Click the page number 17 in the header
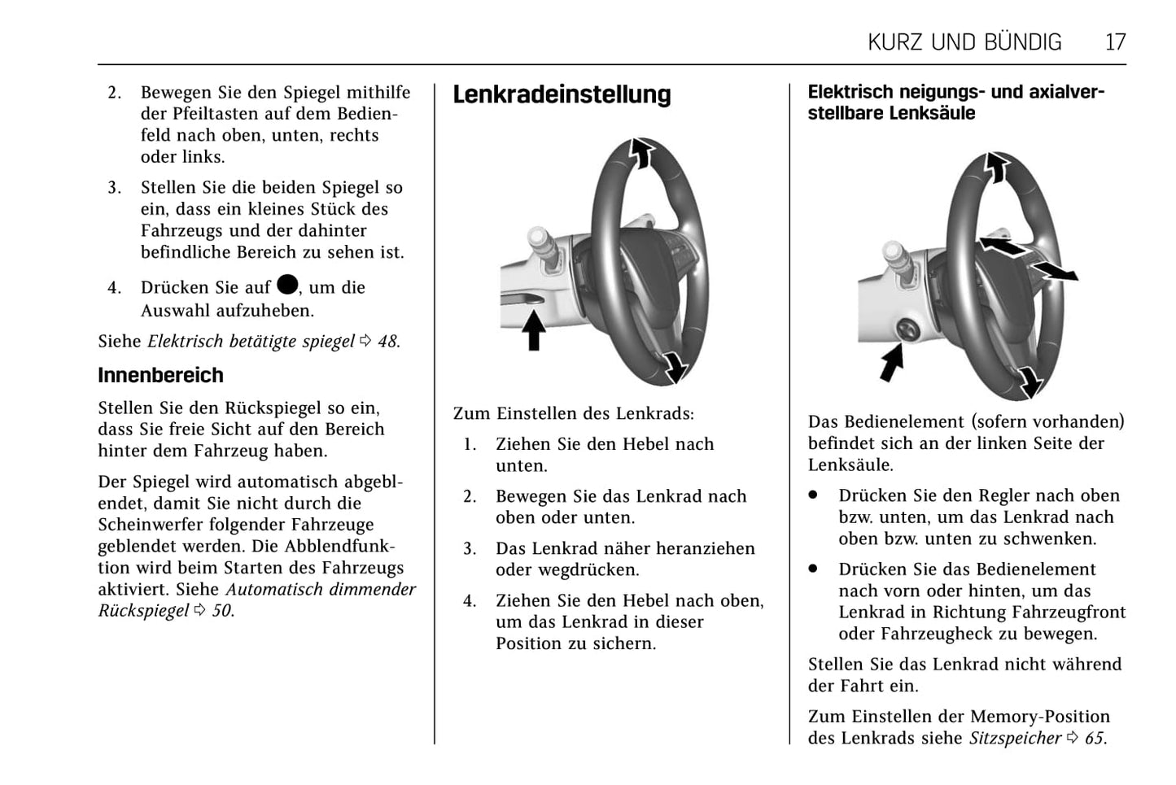[x=1115, y=42]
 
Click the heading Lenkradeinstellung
[x=562, y=95]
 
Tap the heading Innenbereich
[x=160, y=375]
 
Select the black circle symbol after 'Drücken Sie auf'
[x=287, y=284]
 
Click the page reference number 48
[x=387, y=342]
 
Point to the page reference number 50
[x=221, y=611]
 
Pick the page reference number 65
[x=1095, y=739]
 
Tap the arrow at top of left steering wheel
[x=642, y=152]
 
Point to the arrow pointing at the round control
[x=892, y=362]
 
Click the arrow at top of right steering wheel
[x=997, y=167]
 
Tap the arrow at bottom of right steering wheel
[x=1030, y=381]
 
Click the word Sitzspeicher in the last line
[x=1015, y=739]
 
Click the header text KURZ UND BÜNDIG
[x=964, y=42]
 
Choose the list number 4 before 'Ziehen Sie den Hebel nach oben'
[x=470, y=601]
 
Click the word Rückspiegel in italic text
[x=143, y=611]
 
